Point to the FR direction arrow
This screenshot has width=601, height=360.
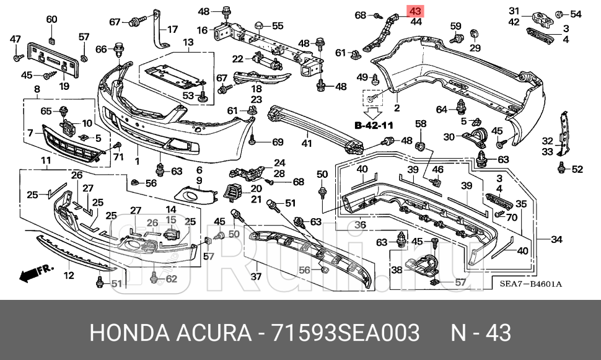(x=37, y=271)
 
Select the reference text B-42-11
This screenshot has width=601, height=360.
(x=374, y=125)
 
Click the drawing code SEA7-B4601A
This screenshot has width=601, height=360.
(x=530, y=284)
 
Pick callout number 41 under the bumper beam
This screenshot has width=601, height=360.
(x=306, y=144)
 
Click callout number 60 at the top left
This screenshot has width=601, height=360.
(x=51, y=19)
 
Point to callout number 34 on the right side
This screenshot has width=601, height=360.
(x=557, y=240)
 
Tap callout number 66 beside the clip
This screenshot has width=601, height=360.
(x=100, y=48)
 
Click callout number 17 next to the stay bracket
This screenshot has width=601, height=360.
(x=172, y=29)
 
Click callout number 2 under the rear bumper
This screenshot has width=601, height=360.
(x=397, y=108)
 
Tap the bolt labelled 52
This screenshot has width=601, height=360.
(x=561, y=167)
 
